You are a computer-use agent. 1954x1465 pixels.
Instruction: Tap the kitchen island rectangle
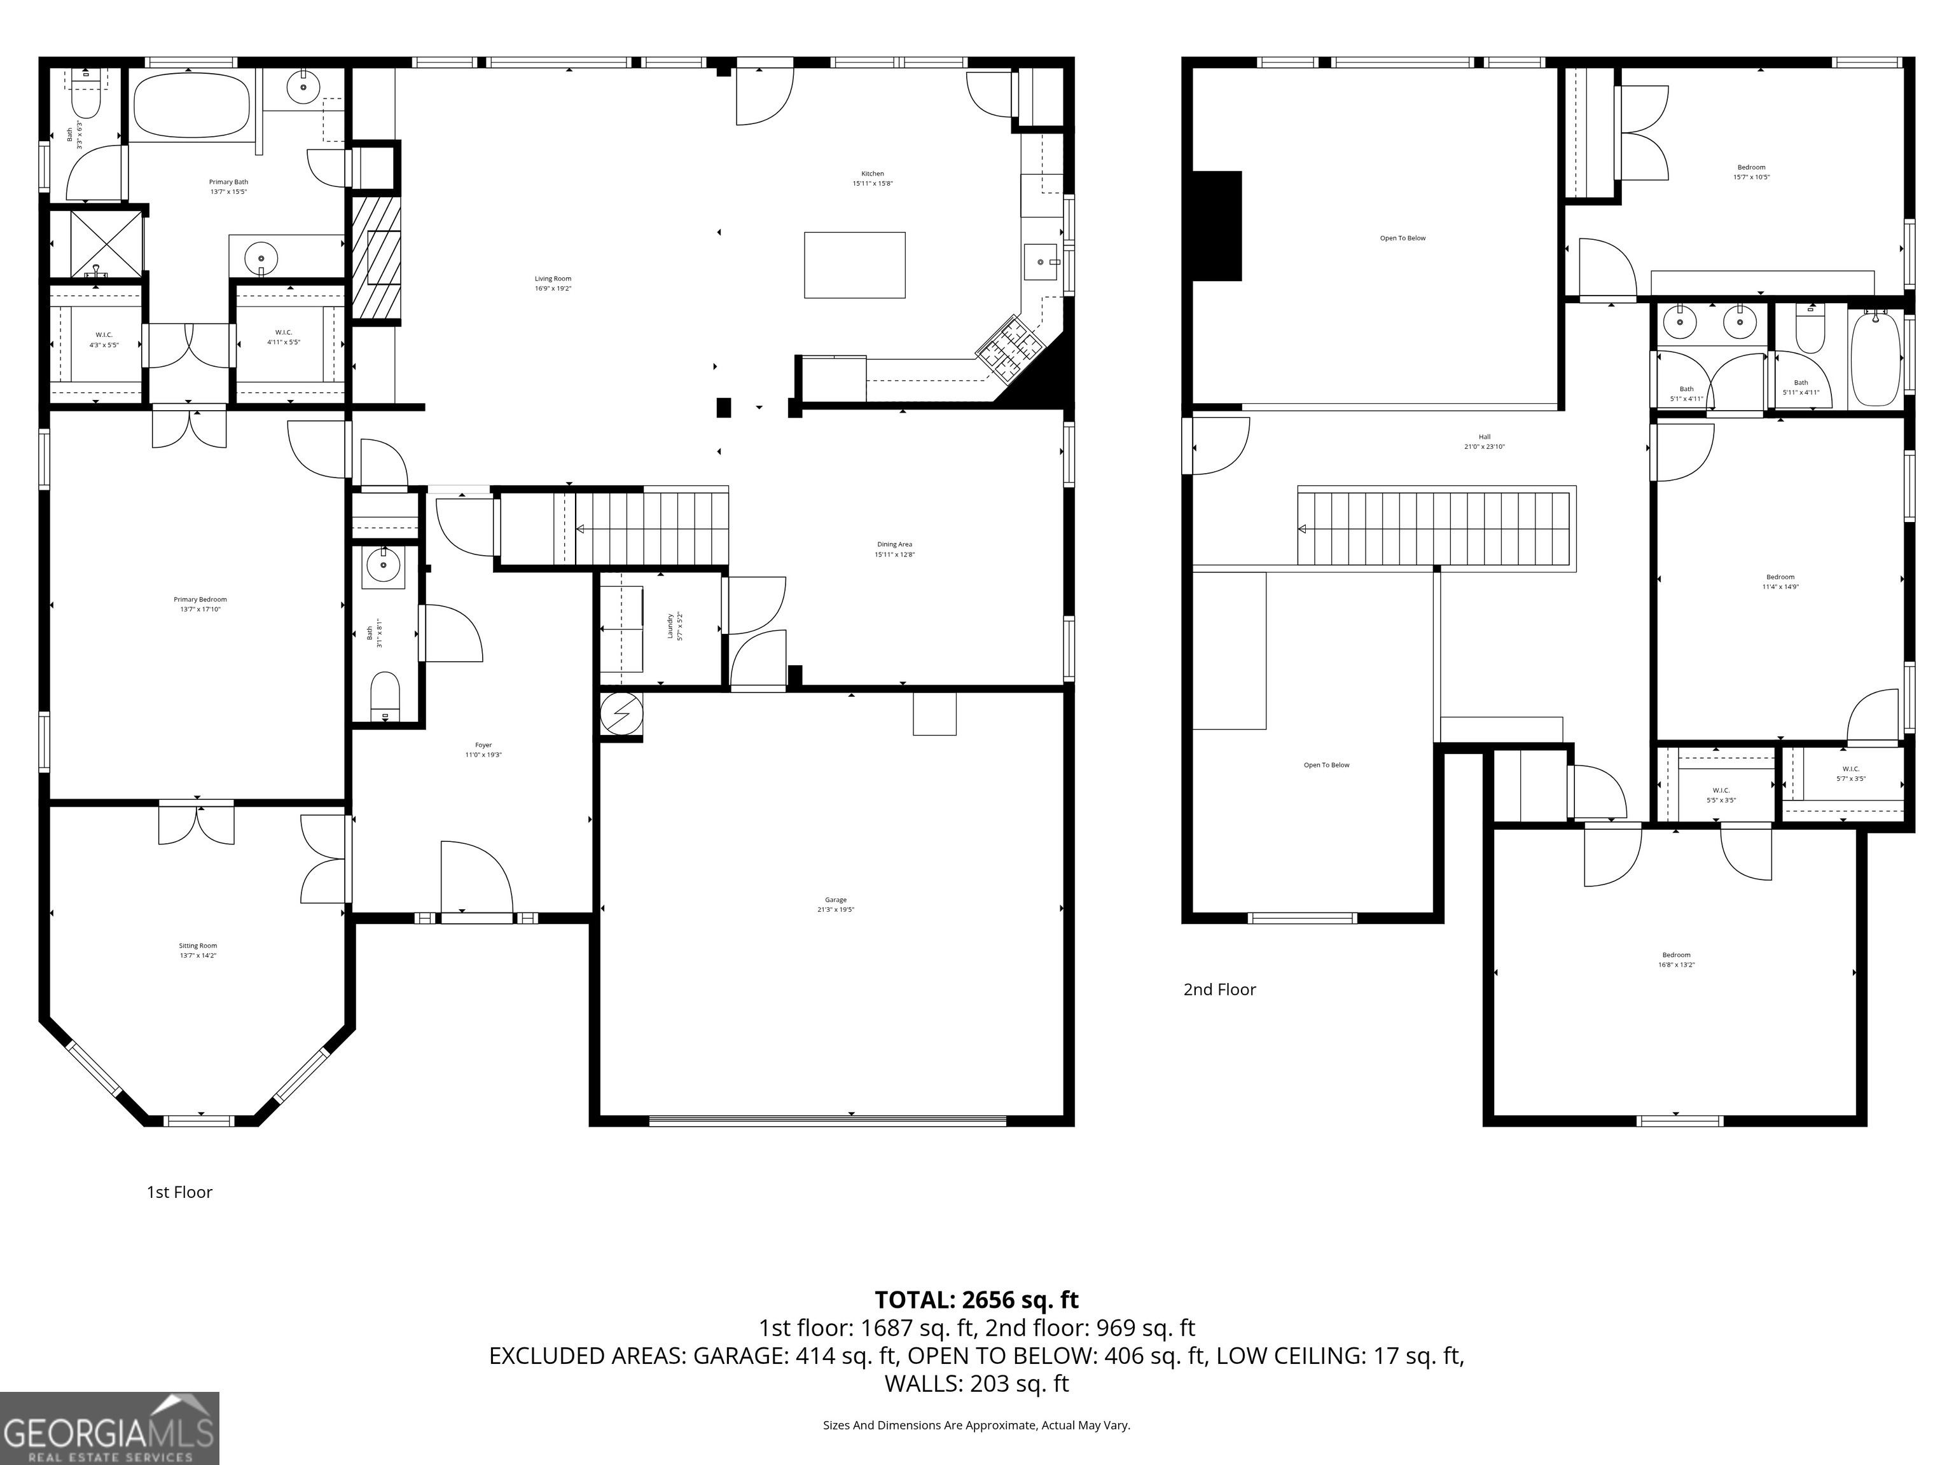pyautogui.click(x=854, y=265)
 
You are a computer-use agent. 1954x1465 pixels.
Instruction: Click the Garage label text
pyautogui.click(x=835, y=904)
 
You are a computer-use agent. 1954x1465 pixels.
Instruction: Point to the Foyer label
pyautogui.click(x=483, y=750)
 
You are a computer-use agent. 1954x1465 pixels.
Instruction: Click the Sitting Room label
pyautogui.click(x=197, y=950)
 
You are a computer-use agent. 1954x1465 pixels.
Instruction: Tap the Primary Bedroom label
pyautogui.click(x=200, y=604)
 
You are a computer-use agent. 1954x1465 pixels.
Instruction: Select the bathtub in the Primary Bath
pyautogui.click(x=191, y=104)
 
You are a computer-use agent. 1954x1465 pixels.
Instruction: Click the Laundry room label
pyautogui.click(x=674, y=626)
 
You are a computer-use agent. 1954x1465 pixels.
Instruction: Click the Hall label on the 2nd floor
pyautogui.click(x=1484, y=441)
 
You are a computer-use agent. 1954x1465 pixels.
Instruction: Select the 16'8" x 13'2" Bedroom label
pyautogui.click(x=1676, y=959)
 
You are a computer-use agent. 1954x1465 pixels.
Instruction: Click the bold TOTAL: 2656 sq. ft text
pyautogui.click(x=976, y=1300)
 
